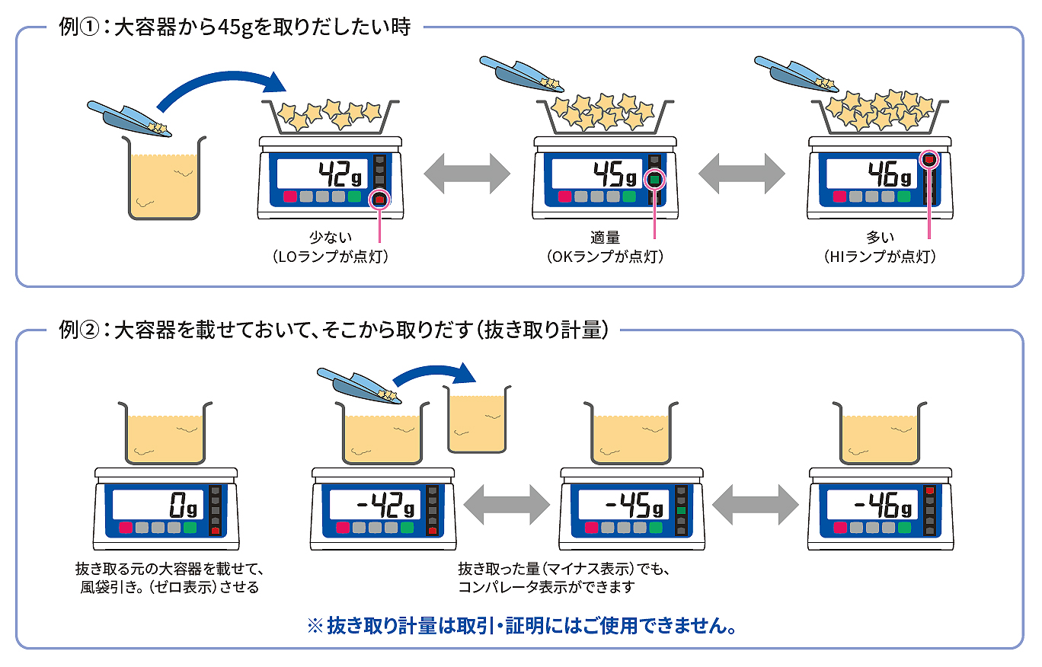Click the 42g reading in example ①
click(340, 174)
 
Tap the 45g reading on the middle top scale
click(615, 174)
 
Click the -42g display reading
click(385, 505)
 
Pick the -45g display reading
click(634, 505)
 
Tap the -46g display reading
click(883, 505)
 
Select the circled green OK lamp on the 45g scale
click(654, 180)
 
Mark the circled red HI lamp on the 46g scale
click(929, 160)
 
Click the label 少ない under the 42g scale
click(331, 238)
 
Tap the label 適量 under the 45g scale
click(606, 238)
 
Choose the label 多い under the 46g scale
click(880, 238)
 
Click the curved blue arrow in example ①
click(219, 77)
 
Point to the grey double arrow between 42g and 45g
click(467, 174)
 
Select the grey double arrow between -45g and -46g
click(756, 505)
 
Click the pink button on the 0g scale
click(126, 528)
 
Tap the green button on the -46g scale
click(904, 528)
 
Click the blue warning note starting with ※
click(522, 626)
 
